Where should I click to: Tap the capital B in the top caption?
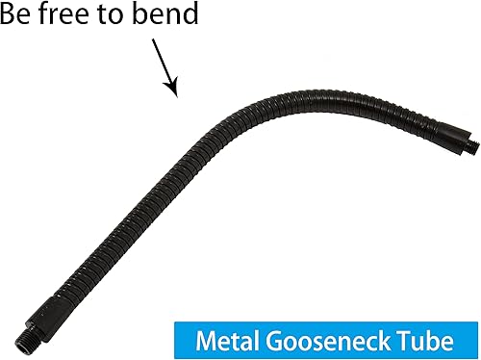click(10, 16)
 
